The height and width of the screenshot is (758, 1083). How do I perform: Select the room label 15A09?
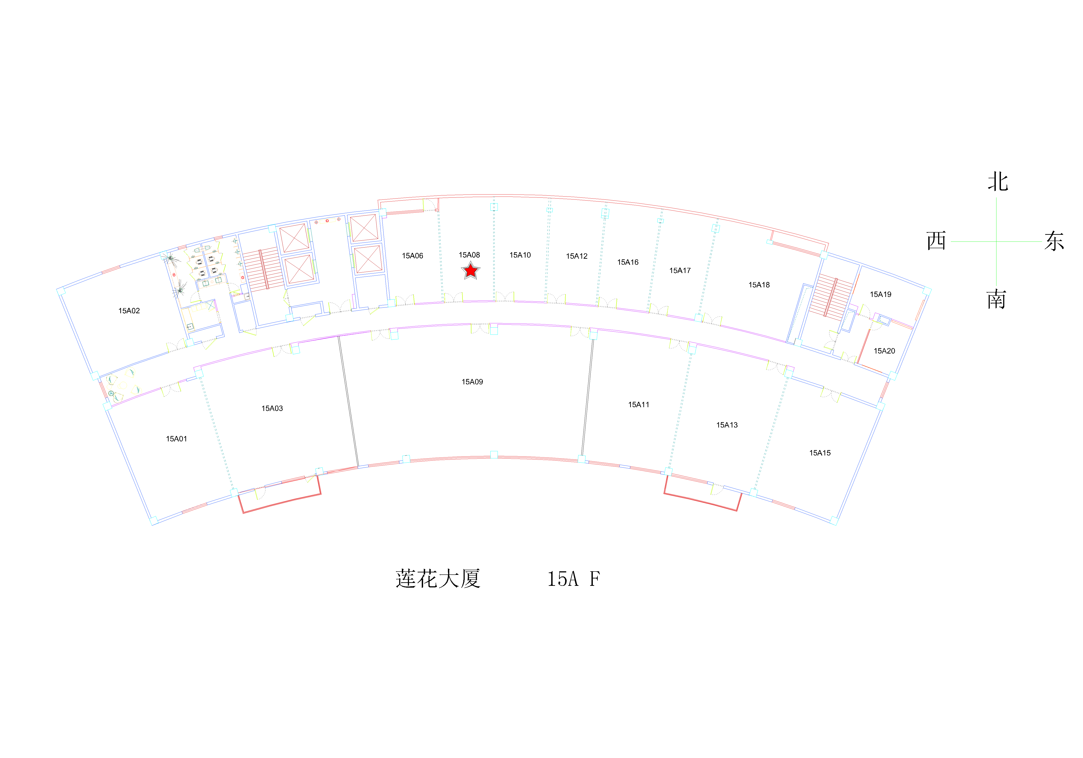[472, 382]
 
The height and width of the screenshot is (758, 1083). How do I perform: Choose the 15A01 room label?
[176, 439]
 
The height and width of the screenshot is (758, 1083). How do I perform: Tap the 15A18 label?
[759, 285]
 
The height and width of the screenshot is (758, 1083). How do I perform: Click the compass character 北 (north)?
[998, 182]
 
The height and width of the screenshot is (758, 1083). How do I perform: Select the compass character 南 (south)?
[996, 300]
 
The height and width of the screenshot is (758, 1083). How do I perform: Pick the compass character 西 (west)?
[936, 241]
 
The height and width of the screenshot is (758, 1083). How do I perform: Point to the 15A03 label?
[272, 409]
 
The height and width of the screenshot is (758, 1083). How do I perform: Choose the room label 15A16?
[628, 262]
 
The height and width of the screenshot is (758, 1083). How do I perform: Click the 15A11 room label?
[639, 405]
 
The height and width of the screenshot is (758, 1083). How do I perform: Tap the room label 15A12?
[577, 256]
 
